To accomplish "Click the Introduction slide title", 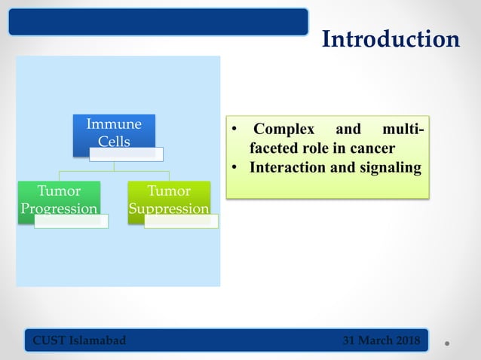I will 391,39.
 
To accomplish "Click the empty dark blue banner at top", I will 158,21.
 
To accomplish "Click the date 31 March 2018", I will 383,340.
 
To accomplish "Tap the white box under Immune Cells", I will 126,154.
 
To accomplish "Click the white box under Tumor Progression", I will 70,221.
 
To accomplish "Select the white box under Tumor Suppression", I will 181,221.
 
